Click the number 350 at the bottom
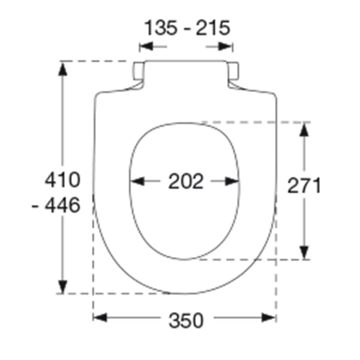coord(186,320)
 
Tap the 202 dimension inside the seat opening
coord(186,182)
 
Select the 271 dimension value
coord(304,186)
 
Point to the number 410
coord(63,180)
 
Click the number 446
coord(63,205)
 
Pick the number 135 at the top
coord(161,28)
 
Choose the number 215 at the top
coord(213,28)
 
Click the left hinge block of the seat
coord(138,71)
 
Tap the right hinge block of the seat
coord(233,71)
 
